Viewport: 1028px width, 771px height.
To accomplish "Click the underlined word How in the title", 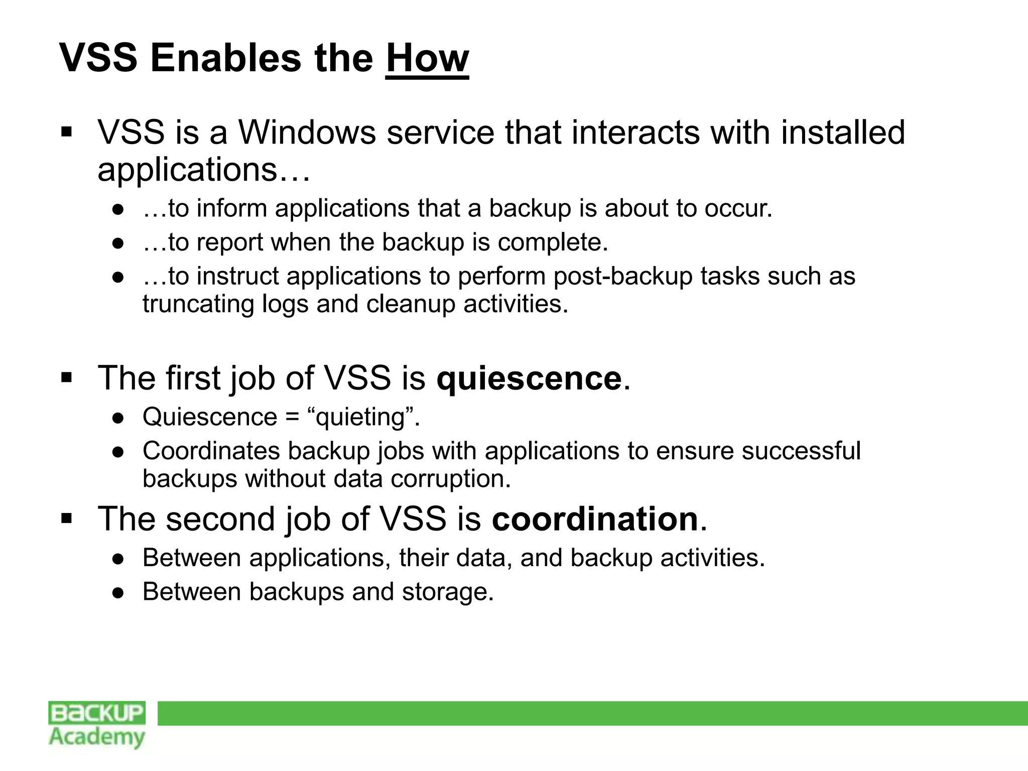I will [x=427, y=59].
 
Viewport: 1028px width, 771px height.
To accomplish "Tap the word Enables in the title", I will [x=226, y=59].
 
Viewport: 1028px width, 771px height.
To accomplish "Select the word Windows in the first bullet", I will [x=307, y=133].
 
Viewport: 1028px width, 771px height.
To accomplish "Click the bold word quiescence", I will [x=529, y=378].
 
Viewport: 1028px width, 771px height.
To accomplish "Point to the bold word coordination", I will [x=595, y=519].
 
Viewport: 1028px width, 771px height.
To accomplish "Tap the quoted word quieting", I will [x=360, y=417].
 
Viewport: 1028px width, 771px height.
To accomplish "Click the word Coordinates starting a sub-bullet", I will [x=211, y=451].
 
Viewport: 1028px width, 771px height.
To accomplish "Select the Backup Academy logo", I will [x=97, y=724].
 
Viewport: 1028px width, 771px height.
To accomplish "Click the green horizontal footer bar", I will [x=592, y=713].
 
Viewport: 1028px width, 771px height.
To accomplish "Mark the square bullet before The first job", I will [x=67, y=377].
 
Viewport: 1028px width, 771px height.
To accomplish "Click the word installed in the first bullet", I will [x=843, y=133].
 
